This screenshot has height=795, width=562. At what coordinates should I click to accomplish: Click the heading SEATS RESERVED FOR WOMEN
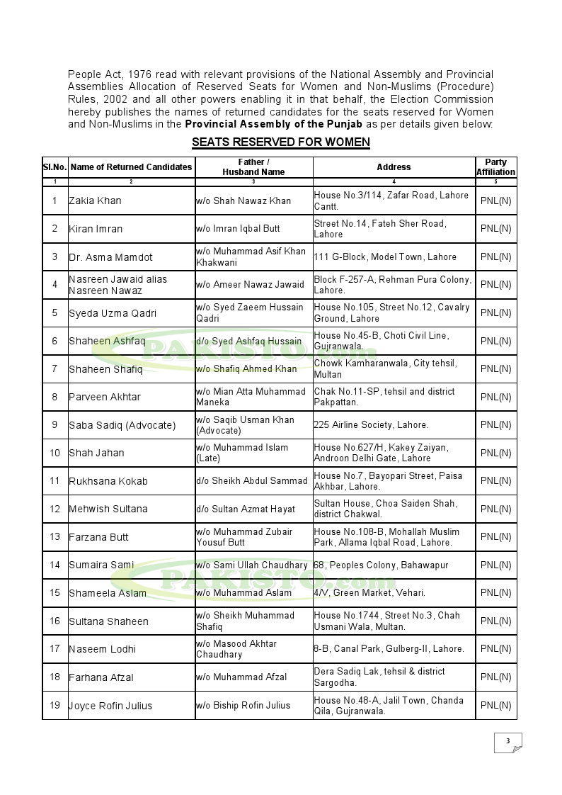coord(280,142)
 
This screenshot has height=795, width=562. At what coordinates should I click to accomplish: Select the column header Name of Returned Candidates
coord(132,167)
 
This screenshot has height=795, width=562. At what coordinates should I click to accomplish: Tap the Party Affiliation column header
coord(495,167)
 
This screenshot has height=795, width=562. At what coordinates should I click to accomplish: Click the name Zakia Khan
coord(95,201)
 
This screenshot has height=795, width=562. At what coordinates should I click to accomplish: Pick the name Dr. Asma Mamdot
coord(110,256)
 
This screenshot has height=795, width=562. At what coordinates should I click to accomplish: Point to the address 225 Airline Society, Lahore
coord(371,425)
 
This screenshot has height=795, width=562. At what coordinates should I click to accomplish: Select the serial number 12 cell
coord(55,509)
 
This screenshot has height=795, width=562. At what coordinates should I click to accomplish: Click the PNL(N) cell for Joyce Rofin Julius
coord(495,705)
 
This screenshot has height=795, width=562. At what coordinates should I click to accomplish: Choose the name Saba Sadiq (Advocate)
coord(122,425)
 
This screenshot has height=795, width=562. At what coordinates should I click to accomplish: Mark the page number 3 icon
coord(507,742)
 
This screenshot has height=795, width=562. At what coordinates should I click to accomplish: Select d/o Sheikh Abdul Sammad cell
coord(252,481)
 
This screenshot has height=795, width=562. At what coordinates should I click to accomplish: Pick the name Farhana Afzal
coord(101,677)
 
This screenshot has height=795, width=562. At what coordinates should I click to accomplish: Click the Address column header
coord(394,167)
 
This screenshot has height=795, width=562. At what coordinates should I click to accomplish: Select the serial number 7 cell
coord(55,368)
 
